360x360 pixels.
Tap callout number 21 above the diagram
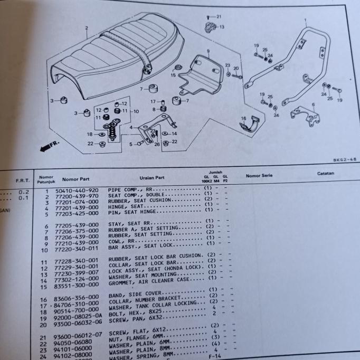point(219,17)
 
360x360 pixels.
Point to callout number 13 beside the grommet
point(221,27)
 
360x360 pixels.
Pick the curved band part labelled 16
point(250,126)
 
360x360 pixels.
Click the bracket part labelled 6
point(306,117)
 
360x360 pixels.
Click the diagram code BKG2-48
point(344,159)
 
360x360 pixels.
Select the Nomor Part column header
point(78,179)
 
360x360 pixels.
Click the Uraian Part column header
point(152,178)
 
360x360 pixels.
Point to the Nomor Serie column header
point(259,175)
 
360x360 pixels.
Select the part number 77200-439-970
point(78,195)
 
